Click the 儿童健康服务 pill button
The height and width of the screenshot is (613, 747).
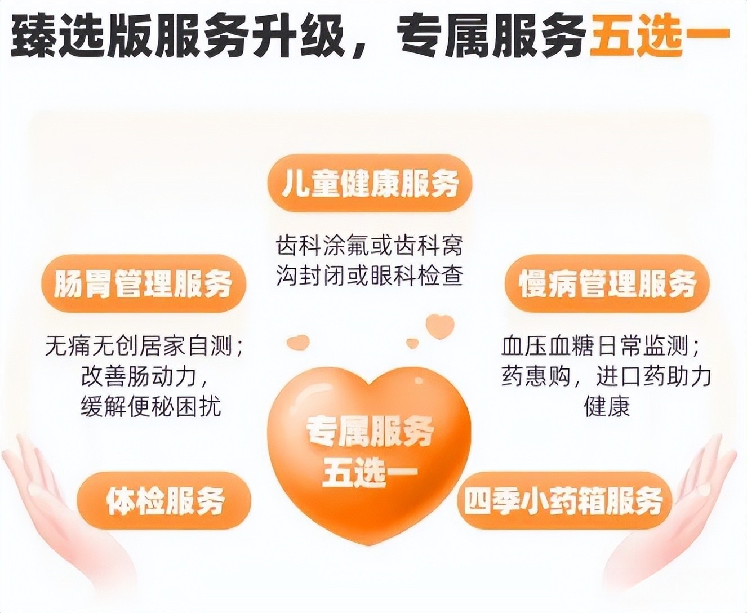[x=370, y=184]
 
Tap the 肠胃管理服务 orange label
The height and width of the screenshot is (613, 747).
[x=144, y=283]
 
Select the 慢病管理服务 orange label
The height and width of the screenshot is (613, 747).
[x=607, y=283]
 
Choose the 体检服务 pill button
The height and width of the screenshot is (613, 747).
[x=164, y=501]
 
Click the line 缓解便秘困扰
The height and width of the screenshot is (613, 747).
[x=151, y=406]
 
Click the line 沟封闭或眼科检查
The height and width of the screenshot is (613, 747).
[x=370, y=275]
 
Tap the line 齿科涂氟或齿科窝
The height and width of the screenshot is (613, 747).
[x=370, y=245]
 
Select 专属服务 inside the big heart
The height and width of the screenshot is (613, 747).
[x=370, y=432]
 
